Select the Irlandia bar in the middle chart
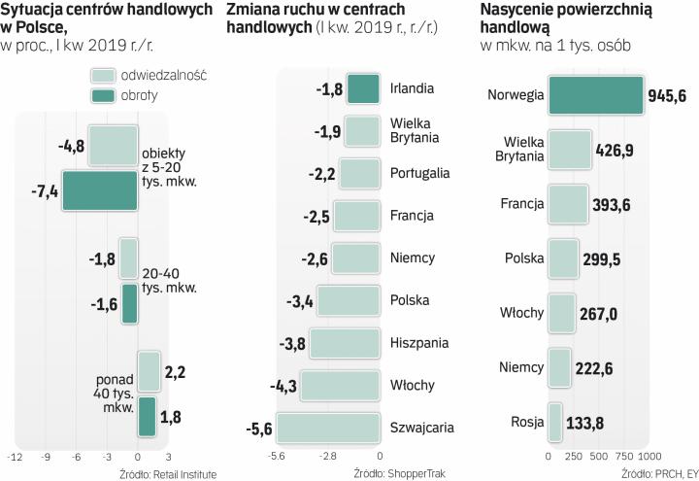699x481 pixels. pos(362,89)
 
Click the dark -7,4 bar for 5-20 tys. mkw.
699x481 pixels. pos(100,190)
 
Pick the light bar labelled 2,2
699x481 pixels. pos(149,371)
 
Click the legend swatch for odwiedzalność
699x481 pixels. pos(103,75)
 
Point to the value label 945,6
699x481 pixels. pos(670,96)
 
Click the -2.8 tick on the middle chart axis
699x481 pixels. pos(328,456)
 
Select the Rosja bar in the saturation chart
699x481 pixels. pos(555,422)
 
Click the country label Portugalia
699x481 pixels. pos(419,173)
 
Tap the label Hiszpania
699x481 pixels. pos(418,343)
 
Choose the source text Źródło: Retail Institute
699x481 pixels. pos(167,473)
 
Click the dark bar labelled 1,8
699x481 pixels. pos(147,416)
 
